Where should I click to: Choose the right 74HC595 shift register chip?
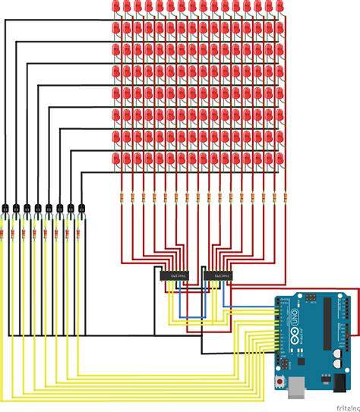[218, 275]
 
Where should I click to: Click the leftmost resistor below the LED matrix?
[122, 198]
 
